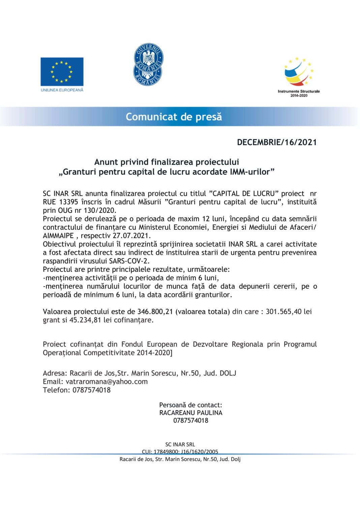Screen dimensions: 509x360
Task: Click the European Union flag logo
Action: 62,72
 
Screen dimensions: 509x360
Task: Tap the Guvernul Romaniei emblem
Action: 148,65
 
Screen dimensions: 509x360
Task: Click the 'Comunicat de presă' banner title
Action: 174,117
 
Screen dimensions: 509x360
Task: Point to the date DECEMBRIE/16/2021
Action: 277,142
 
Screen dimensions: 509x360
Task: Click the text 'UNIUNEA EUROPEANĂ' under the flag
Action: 62,90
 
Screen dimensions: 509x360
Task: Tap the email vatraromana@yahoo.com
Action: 107,382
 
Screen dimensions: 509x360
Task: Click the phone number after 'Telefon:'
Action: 91,390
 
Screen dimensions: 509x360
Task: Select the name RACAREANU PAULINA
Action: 191,413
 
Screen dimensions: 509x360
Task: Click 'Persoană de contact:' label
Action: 190,405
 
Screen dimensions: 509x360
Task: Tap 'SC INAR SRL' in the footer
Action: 180,445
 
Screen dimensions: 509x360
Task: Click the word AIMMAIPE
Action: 58,236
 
